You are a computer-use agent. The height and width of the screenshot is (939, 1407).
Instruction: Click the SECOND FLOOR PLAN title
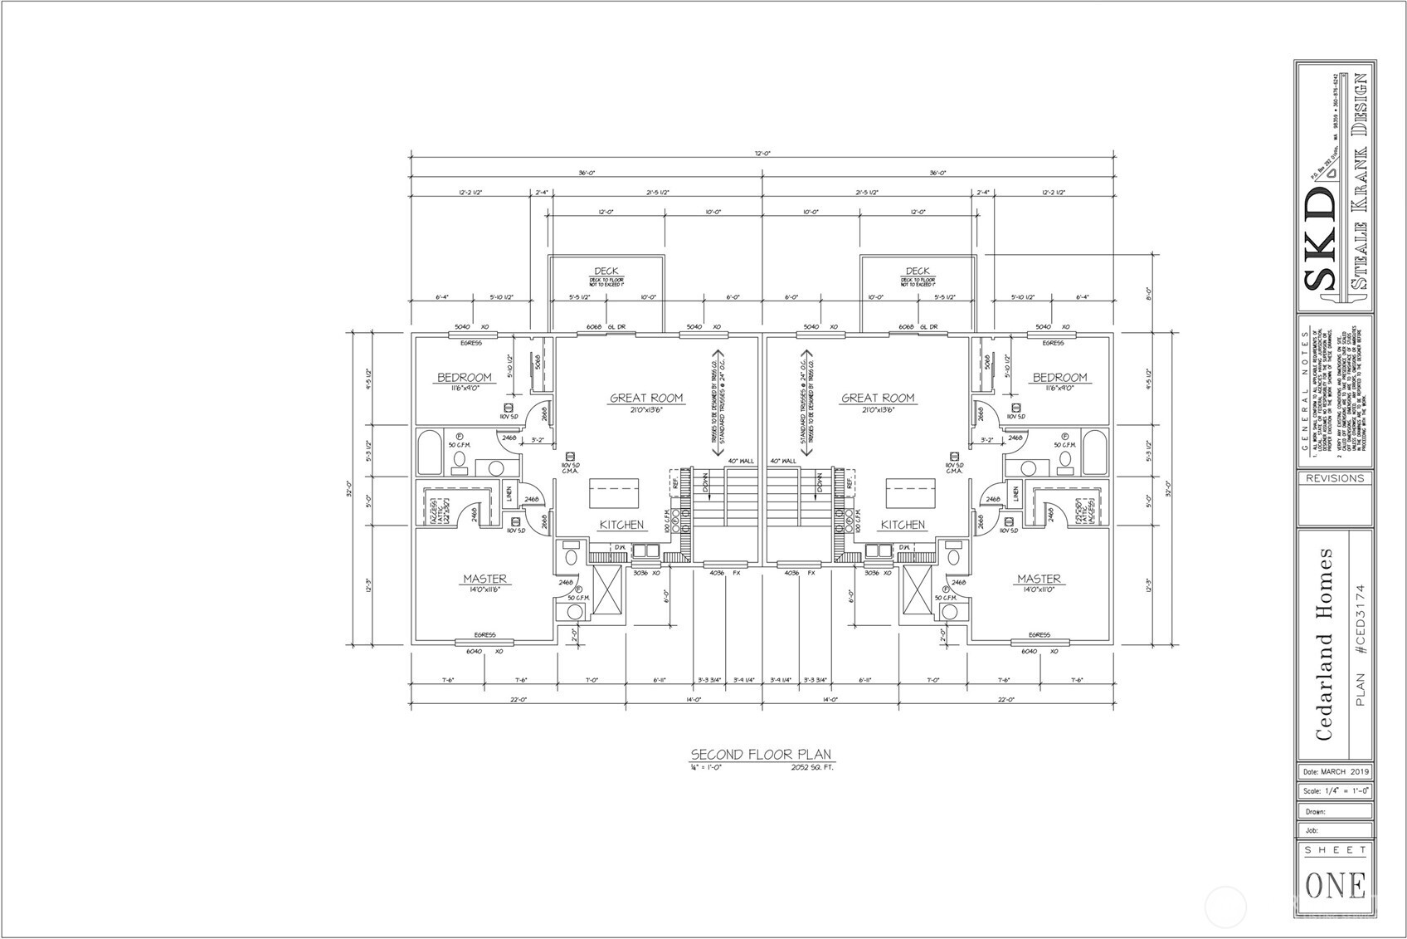[761, 755]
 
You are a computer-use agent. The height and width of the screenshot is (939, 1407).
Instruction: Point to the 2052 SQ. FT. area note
[812, 768]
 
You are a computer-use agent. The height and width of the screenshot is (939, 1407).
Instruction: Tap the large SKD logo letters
[1320, 241]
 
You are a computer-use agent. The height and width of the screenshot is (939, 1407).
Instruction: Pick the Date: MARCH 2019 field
[1336, 772]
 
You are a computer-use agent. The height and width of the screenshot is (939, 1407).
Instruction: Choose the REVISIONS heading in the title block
[1335, 478]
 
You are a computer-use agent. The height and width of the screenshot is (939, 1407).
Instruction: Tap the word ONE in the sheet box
[1336, 886]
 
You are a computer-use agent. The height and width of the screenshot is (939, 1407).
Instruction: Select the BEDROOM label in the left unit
[465, 378]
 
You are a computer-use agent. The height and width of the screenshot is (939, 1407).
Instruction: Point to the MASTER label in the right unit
[1039, 579]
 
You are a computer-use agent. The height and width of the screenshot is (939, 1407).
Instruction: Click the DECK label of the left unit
[606, 271]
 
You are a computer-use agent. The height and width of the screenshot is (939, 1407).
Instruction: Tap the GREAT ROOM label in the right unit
[878, 398]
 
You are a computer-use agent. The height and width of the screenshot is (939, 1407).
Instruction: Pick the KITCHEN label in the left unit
[621, 525]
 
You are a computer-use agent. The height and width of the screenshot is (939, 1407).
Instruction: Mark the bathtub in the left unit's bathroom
[430, 452]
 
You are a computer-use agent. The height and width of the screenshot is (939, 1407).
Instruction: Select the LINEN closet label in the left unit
[509, 494]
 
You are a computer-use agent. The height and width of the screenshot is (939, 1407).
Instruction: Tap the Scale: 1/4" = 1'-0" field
[1336, 791]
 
